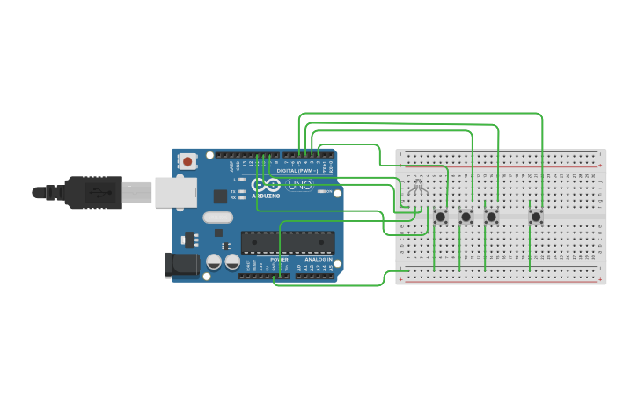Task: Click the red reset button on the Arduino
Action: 187,161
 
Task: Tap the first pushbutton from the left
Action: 441,216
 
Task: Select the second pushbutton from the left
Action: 466,216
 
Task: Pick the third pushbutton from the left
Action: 492,216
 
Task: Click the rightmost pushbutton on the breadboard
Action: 536,216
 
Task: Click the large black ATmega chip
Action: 288,242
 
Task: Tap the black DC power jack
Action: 176,264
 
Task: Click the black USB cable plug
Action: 92,192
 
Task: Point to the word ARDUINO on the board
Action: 268,196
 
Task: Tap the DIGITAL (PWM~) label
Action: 297,170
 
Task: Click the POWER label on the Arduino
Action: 279,260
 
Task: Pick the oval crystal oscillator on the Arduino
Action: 217,217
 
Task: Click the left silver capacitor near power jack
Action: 214,262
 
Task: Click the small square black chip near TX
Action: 220,196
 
